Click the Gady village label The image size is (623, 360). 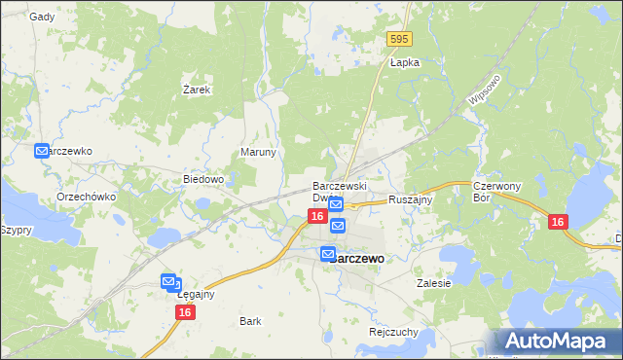42,17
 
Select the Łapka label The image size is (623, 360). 404,62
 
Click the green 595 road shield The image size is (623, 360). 398,39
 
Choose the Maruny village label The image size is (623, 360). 259,153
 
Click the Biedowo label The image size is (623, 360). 204,180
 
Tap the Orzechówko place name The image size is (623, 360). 87,197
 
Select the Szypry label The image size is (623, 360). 17,231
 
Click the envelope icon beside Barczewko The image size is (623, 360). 42,151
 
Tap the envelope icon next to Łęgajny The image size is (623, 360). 168,281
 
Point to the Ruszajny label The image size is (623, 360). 410,199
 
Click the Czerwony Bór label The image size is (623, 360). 497,191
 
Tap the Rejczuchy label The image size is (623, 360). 393,332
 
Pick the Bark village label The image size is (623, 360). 250,320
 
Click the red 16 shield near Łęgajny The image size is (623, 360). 186,312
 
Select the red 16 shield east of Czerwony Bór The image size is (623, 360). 557,223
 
